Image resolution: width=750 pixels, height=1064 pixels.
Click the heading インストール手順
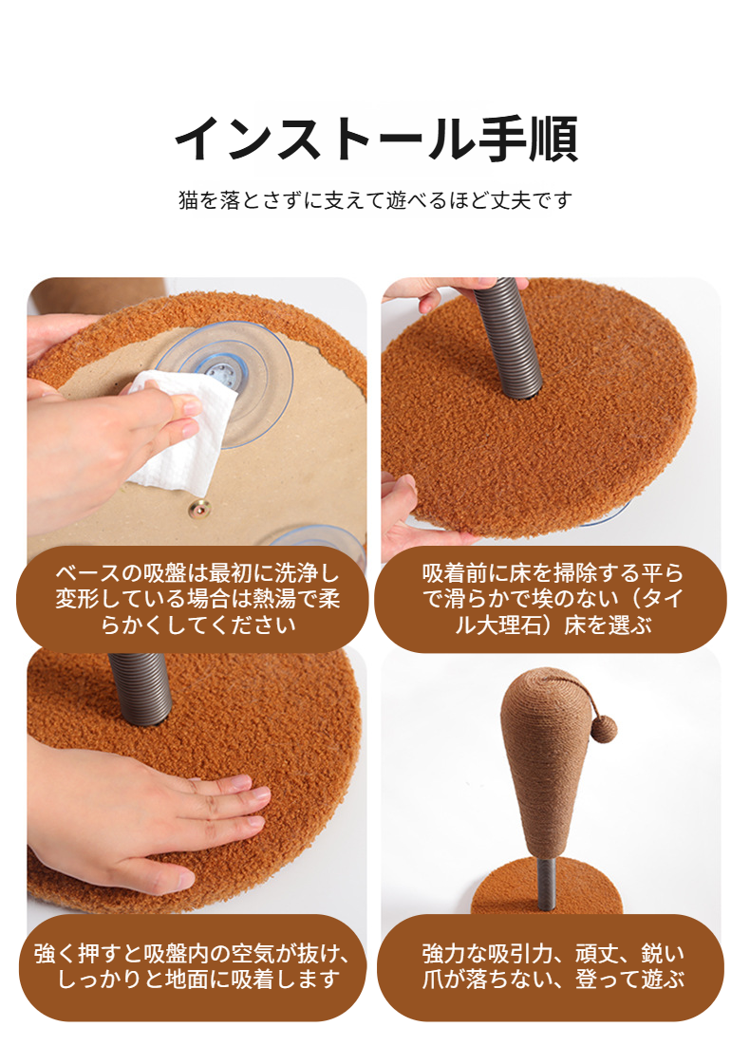[375, 140]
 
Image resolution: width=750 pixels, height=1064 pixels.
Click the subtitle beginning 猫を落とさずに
[375, 200]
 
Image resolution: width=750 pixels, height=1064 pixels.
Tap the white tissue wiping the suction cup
[180, 427]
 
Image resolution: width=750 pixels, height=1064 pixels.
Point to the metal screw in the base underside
[202, 511]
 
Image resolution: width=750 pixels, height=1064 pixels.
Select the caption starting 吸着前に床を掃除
[552, 599]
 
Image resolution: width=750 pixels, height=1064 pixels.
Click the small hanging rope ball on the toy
[602, 729]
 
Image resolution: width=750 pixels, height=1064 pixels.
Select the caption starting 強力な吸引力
[552, 966]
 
